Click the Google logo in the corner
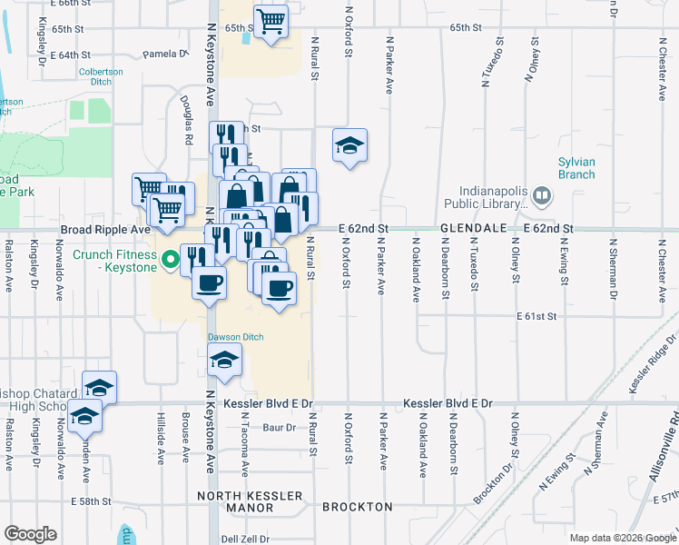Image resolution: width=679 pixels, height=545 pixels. [x=30, y=533]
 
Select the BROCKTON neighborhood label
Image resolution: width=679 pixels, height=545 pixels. [x=358, y=507]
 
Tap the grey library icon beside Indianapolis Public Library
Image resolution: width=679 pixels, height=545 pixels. [x=542, y=195]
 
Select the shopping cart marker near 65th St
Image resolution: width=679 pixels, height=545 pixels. [x=271, y=20]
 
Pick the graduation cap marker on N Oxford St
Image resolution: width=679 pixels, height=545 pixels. [x=349, y=144]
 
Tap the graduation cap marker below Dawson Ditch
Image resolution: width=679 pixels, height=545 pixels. [x=224, y=360]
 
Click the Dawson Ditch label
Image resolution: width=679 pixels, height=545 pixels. [x=236, y=337]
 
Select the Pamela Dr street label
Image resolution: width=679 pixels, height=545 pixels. [x=164, y=54]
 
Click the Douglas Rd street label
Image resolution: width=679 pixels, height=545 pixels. [x=187, y=122]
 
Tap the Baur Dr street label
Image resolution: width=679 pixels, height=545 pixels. [x=279, y=427]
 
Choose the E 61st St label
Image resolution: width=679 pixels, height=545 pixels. [x=536, y=316]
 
